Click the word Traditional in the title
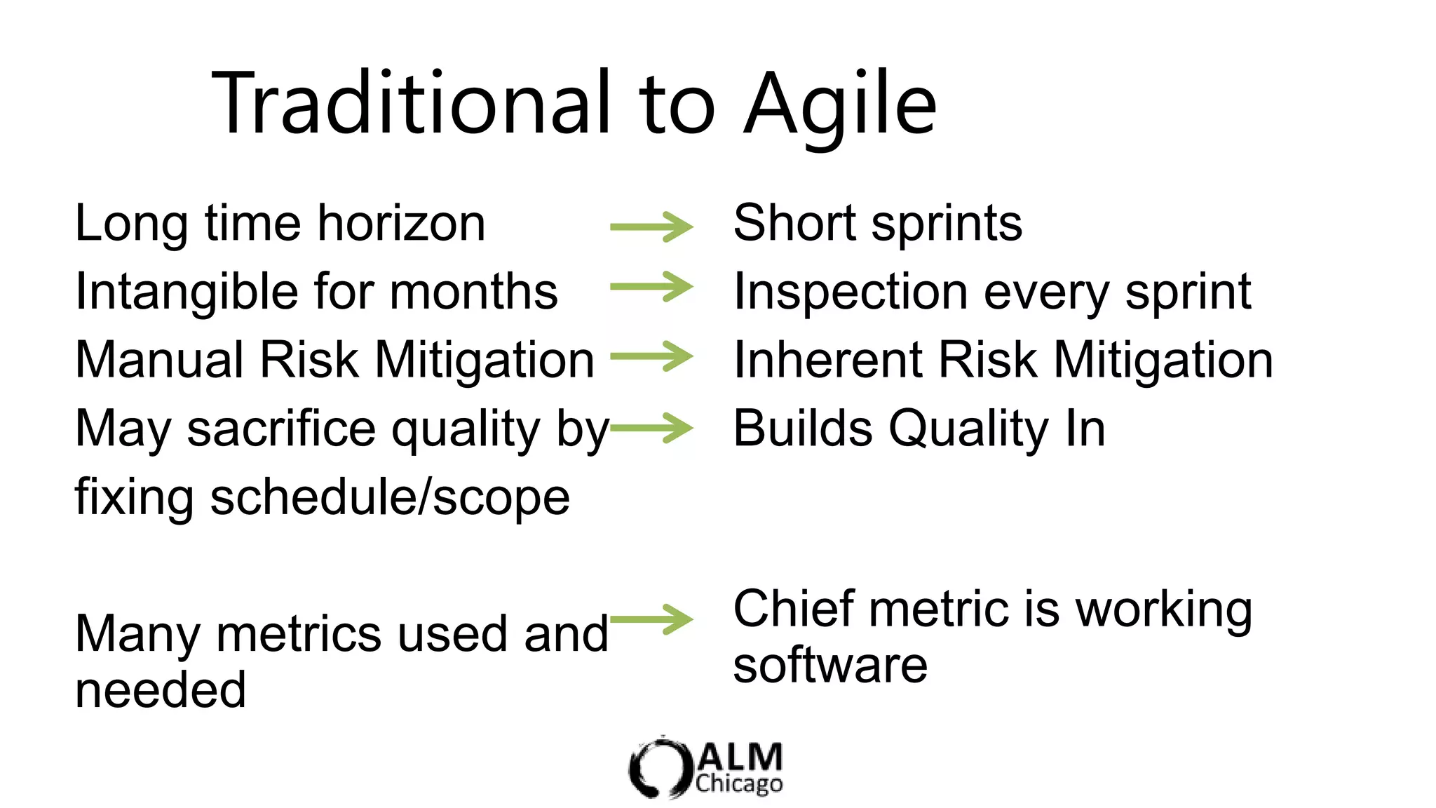click(410, 104)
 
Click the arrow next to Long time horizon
click(651, 227)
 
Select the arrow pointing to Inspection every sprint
click(651, 287)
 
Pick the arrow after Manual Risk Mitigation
click(651, 356)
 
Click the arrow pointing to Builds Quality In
click(651, 428)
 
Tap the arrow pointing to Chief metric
click(651, 619)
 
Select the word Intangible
click(187, 292)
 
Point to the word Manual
click(159, 360)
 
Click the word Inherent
click(827, 360)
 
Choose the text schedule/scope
click(390, 497)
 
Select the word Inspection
click(851, 292)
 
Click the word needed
click(161, 690)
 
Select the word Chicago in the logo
click(739, 783)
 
